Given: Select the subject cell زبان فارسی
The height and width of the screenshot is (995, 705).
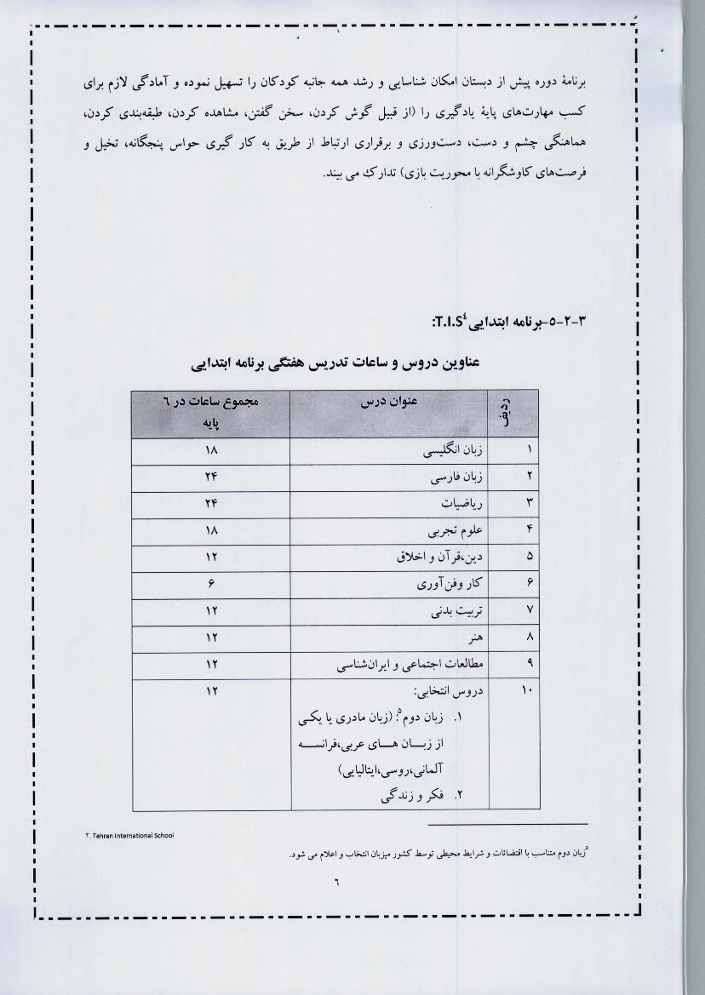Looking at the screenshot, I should tap(457, 479).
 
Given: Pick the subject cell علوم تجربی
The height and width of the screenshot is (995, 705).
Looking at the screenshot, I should tap(461, 531).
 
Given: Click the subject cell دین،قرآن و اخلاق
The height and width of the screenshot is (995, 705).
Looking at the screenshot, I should tap(440, 558).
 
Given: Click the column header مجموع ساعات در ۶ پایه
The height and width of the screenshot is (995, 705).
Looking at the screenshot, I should tap(210, 413).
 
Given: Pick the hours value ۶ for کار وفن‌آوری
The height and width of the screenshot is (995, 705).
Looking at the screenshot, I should tap(210, 585).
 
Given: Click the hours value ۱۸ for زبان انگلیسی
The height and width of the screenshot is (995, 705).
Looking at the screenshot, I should tap(211, 452).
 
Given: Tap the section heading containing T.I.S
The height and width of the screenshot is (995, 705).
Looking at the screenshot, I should tap(510, 322).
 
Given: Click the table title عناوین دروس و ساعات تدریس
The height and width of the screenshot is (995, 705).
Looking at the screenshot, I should tap(335, 363).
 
